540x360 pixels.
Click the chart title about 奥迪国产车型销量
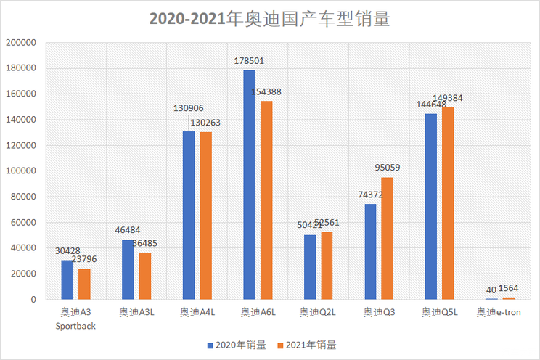click(270, 18)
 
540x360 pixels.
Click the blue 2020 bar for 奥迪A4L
click(189, 215)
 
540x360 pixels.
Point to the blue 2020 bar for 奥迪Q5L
click(431, 206)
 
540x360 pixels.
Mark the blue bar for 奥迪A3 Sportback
click(67, 279)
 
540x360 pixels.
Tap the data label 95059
click(388, 168)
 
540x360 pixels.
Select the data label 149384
click(448, 98)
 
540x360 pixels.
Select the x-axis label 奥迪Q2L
click(317, 313)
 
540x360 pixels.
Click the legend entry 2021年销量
click(313, 345)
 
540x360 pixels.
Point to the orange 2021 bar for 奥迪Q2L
click(327, 266)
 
